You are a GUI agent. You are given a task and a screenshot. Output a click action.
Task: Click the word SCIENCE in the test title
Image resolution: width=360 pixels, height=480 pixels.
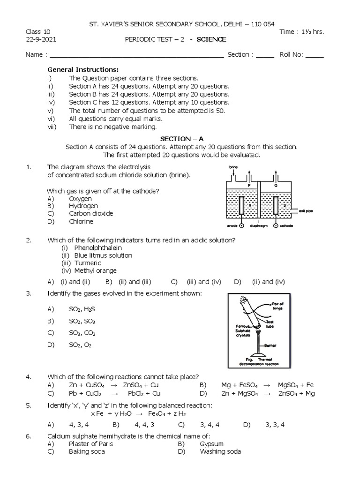click(212, 40)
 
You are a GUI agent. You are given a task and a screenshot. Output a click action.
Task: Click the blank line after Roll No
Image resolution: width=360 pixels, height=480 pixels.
click(315, 55)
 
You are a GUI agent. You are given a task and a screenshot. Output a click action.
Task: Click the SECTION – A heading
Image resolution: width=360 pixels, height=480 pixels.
click(182, 139)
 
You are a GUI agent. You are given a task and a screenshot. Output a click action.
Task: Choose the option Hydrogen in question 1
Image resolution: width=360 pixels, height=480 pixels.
click(83, 206)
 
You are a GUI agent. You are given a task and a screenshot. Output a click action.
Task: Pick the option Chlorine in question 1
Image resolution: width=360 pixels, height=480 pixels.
click(81, 221)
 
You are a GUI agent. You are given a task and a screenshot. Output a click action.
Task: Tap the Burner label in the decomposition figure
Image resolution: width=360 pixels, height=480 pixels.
click(270, 345)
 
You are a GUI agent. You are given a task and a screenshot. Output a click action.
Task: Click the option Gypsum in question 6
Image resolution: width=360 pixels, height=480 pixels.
click(211, 443)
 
